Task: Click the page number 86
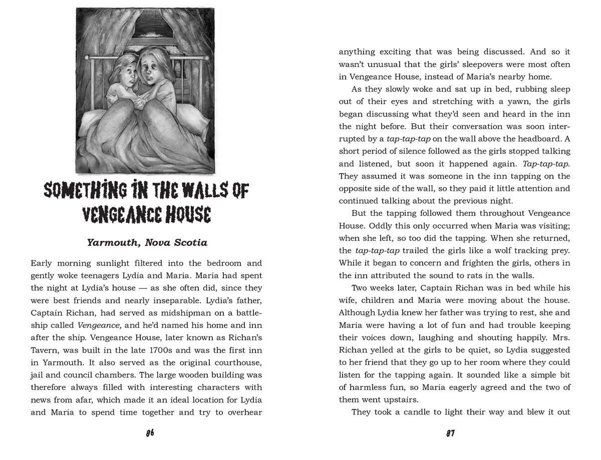150,433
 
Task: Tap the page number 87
450,433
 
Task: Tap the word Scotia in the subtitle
190,243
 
